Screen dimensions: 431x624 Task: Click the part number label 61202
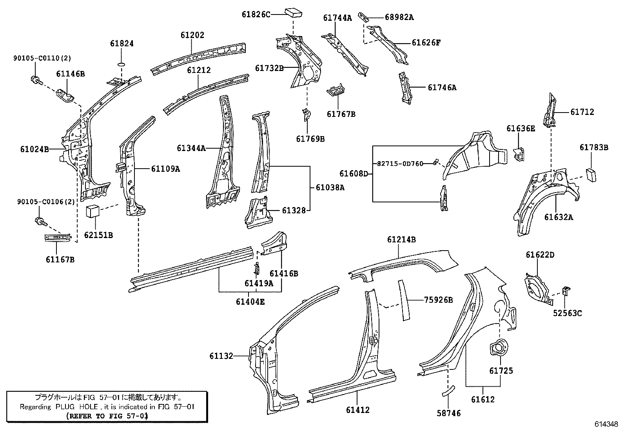pyautogui.click(x=192, y=35)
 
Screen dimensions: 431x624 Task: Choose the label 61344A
pyautogui.click(x=191, y=148)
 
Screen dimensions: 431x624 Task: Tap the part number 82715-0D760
pyautogui.click(x=400, y=164)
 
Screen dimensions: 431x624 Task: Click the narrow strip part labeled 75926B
pyautogui.click(x=404, y=300)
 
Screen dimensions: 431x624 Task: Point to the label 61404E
pyautogui.click(x=250, y=301)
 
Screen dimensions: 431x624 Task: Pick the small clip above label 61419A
pyautogui.click(x=257, y=268)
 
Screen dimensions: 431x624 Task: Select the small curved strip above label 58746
pyautogui.click(x=448, y=390)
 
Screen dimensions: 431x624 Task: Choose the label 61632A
pyautogui.click(x=558, y=217)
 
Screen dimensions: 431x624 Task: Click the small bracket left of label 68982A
pyautogui.click(x=364, y=17)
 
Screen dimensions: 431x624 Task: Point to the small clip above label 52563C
pyautogui.click(x=566, y=291)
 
